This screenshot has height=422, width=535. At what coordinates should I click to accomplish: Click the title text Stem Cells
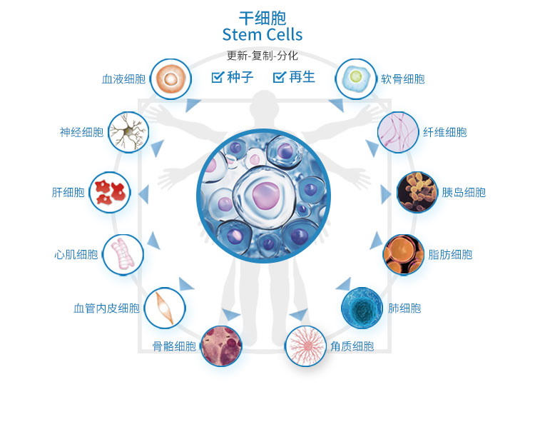[263, 34]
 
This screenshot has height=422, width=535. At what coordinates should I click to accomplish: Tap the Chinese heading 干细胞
[263, 17]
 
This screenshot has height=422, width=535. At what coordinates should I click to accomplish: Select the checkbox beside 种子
[218, 77]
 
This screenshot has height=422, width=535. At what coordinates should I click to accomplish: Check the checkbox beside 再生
[279, 77]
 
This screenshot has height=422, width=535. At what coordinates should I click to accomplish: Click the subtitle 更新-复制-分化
[262, 56]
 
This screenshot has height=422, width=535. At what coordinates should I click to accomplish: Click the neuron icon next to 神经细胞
[128, 131]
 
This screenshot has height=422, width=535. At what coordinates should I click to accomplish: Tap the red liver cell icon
[110, 192]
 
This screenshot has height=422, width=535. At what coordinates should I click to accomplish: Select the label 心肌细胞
[76, 254]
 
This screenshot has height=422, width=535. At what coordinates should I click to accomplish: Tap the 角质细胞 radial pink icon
[306, 346]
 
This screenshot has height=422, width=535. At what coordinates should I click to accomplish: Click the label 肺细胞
[404, 308]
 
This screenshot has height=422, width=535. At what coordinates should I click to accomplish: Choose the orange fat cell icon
[404, 254]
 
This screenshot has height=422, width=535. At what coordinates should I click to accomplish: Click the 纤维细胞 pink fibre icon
[397, 131]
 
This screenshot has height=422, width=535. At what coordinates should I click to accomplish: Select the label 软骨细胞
[403, 79]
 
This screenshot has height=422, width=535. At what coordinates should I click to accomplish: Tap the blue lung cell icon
[362, 308]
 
